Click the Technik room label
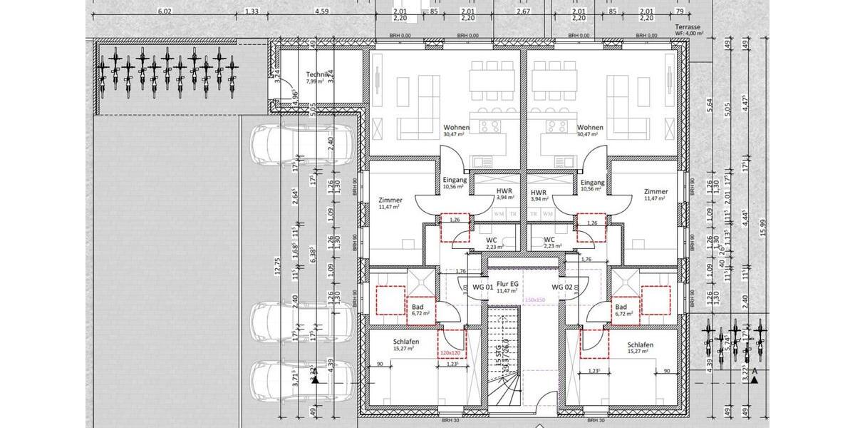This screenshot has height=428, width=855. pos(316,74)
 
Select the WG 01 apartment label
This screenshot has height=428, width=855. pos(483,287)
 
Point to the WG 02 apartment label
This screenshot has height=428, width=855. pos(562,287)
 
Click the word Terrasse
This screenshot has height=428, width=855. pos(689,26)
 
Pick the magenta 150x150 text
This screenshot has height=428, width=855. pos(534,300)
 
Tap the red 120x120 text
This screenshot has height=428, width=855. pos(450,353)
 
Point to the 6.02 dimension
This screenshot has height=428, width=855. pos(165,11)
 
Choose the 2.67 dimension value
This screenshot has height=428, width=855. pos(523,11)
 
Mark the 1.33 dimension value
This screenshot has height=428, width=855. pos(251,11)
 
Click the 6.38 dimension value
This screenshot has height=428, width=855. pos(313,250)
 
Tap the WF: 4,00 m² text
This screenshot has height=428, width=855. pos(689,33)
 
